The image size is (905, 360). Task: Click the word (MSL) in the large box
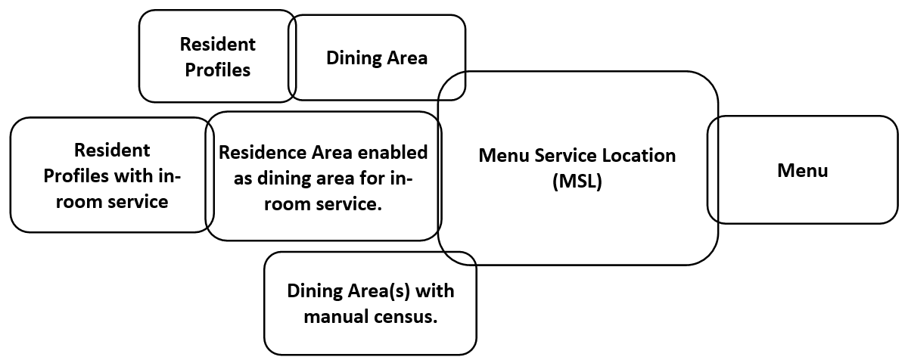pos(577,182)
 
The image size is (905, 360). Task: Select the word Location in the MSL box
pos(640,155)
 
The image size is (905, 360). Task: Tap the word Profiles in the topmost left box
pos(218,70)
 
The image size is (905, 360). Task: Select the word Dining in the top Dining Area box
pos(351,58)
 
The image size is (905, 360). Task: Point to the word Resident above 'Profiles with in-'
pos(112,150)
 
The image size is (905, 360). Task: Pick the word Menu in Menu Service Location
pos(505,155)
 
